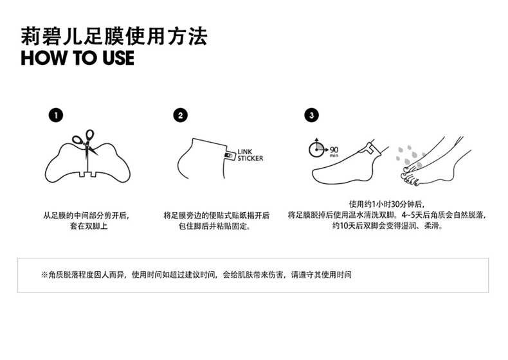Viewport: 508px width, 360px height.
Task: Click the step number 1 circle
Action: click(56, 115)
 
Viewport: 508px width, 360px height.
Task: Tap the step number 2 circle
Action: click(181, 115)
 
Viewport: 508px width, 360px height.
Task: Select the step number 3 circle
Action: click(311, 115)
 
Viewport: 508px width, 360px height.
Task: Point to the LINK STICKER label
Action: click(250, 155)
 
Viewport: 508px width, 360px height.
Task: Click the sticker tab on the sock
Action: click(230, 156)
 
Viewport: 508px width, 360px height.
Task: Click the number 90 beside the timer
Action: click(334, 150)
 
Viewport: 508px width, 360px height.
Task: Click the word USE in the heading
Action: click(118, 58)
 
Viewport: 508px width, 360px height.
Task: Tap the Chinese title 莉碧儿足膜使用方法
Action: click(114, 36)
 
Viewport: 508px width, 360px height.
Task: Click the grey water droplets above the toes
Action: click(410, 156)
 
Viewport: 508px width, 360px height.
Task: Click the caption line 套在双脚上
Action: click(89, 226)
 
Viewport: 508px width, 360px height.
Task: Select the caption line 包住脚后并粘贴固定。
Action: click(215, 226)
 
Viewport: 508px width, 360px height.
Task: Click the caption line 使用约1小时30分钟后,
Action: click(386, 204)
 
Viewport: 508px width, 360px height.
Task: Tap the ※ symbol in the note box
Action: click(44, 274)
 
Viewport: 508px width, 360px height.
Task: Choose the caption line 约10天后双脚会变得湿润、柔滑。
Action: click(388, 225)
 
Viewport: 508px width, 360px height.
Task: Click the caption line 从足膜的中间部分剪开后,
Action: click(86, 215)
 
